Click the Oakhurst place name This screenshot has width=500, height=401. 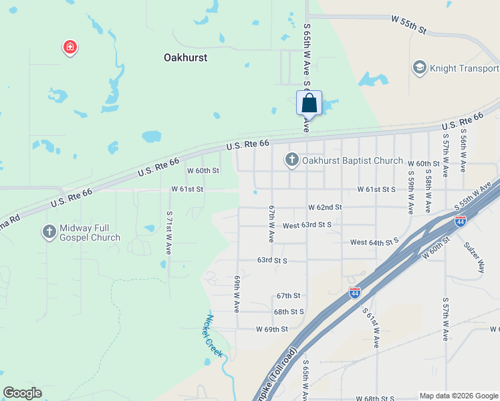coord(185,57)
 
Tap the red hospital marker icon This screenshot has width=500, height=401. coord(70,47)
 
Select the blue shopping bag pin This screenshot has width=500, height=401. coord(309,104)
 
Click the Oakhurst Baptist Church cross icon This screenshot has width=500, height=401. coord(291,160)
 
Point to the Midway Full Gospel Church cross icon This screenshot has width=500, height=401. coord(49,232)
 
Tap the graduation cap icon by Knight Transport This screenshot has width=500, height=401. coord(419,68)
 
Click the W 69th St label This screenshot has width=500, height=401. coord(271,329)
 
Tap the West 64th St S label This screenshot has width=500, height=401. coord(374,241)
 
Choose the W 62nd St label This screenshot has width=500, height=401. coord(325,208)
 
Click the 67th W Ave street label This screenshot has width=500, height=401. coord(272,223)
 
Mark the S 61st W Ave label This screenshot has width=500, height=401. coord(371,328)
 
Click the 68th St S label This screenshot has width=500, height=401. coord(289,311)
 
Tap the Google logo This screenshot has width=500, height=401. coord(22,393)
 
